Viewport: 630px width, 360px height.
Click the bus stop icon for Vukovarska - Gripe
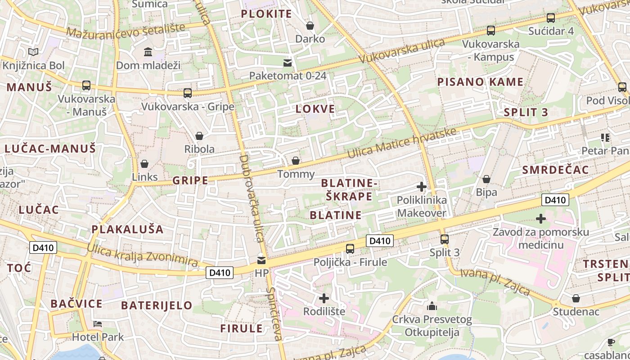[188, 93]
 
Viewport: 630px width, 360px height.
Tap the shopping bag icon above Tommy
[296, 161]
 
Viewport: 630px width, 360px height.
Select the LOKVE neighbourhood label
[315, 109]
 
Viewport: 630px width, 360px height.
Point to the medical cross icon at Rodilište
[324, 298]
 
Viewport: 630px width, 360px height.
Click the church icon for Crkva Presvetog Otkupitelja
[432, 306]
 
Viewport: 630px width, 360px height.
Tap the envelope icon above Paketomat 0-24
[288, 63]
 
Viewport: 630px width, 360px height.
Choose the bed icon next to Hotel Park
[98, 324]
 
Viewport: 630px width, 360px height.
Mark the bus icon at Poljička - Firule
[350, 248]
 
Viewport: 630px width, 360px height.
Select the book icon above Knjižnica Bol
[33, 52]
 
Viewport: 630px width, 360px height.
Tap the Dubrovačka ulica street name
[251, 198]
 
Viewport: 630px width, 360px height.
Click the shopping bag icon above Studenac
[576, 298]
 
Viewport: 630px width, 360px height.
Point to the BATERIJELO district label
[157, 305]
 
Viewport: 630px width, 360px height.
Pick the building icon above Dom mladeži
[148, 52]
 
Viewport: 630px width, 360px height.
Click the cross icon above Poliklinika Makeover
[422, 186]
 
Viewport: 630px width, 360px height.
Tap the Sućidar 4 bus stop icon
[551, 18]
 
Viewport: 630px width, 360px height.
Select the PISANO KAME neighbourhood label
[481, 82]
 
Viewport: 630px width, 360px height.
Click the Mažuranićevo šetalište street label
[126, 30]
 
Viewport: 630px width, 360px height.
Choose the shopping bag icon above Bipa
[486, 179]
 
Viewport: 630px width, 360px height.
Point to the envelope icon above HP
[261, 260]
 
